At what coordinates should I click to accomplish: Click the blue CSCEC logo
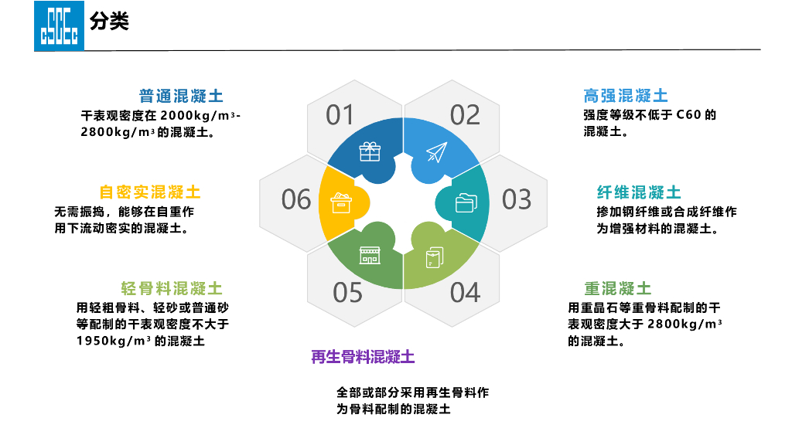58,25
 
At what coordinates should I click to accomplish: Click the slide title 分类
109,22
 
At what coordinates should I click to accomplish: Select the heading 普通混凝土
181,97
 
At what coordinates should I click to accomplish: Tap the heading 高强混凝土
626,96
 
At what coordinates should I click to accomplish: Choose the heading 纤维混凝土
639,192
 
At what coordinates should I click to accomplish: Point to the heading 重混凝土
618,289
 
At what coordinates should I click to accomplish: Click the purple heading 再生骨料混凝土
363,357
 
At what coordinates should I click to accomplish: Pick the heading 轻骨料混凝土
172,289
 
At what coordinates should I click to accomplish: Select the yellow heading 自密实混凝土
149,192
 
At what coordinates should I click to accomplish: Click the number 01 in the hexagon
340,115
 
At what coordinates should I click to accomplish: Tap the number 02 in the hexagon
465,115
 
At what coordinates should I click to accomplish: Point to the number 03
517,199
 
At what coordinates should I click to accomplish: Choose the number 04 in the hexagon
465,293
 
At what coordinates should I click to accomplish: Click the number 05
347,293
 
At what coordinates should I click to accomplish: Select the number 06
295,199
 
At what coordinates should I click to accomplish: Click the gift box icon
370,152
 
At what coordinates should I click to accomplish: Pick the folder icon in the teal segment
466,202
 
